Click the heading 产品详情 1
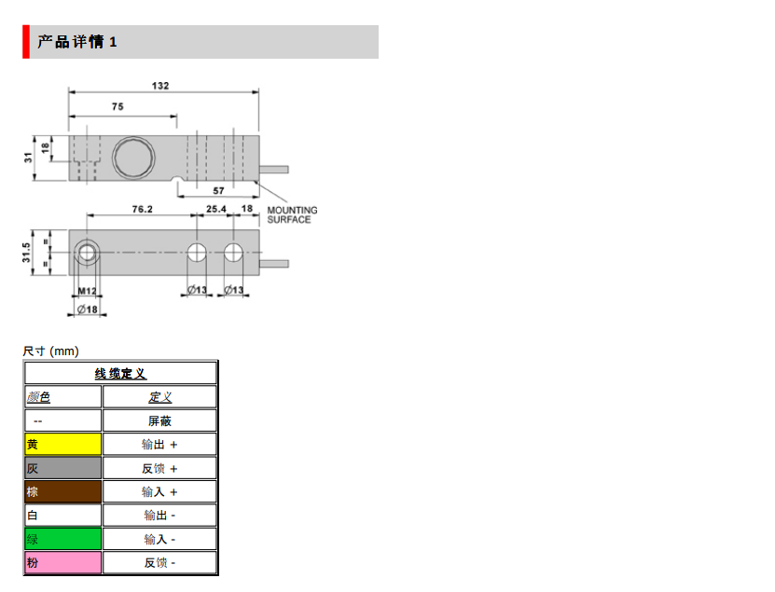click(77, 42)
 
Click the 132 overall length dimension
click(160, 85)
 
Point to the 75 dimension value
click(118, 107)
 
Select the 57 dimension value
click(219, 189)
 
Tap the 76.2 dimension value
click(142, 210)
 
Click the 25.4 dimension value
click(215, 210)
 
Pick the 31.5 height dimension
click(27, 252)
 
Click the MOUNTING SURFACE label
click(292, 214)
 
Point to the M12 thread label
click(87, 291)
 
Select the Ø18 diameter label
click(88, 310)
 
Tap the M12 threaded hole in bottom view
click(89, 252)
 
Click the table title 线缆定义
click(120, 374)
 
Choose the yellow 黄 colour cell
click(62, 445)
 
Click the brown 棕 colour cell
click(62, 492)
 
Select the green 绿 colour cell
click(62, 539)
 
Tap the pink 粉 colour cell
click(62, 563)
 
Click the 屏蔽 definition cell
click(159, 421)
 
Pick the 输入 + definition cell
click(159, 492)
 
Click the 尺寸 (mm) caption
click(51, 351)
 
